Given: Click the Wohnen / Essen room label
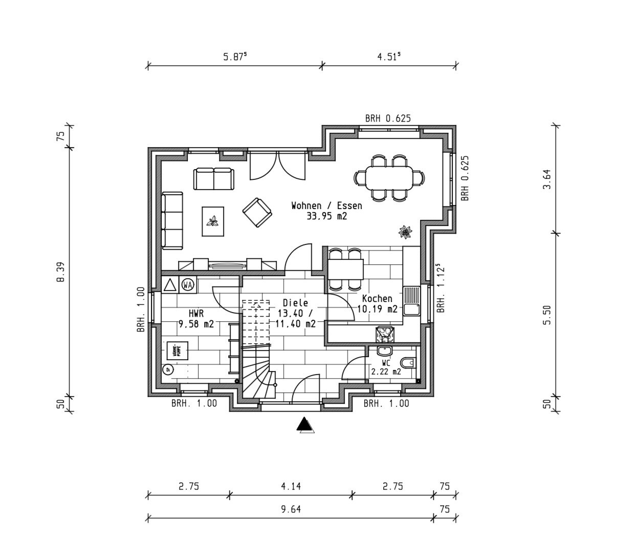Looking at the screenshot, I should click(x=326, y=205).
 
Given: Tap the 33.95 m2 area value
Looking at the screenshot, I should click(x=326, y=216).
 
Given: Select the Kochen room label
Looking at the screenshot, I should click(x=377, y=298).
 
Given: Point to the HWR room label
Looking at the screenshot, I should click(x=196, y=313).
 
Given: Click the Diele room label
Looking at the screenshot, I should click(x=295, y=303).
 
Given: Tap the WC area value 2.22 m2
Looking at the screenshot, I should click(x=386, y=372).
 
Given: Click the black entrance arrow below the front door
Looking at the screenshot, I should click(x=305, y=425).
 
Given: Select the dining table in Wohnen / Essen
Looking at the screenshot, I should click(x=389, y=177).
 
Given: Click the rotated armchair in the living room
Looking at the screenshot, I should click(x=257, y=212).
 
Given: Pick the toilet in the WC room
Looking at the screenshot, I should click(x=408, y=363).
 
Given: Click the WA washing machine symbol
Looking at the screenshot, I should click(x=188, y=284).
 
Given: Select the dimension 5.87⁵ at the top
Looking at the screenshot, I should click(x=235, y=57).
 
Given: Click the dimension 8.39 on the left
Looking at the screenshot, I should click(x=60, y=272).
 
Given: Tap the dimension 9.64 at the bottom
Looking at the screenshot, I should click(x=290, y=509).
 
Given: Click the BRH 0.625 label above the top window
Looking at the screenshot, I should click(x=388, y=118).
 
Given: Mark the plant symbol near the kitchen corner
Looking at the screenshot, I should click(x=405, y=232).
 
